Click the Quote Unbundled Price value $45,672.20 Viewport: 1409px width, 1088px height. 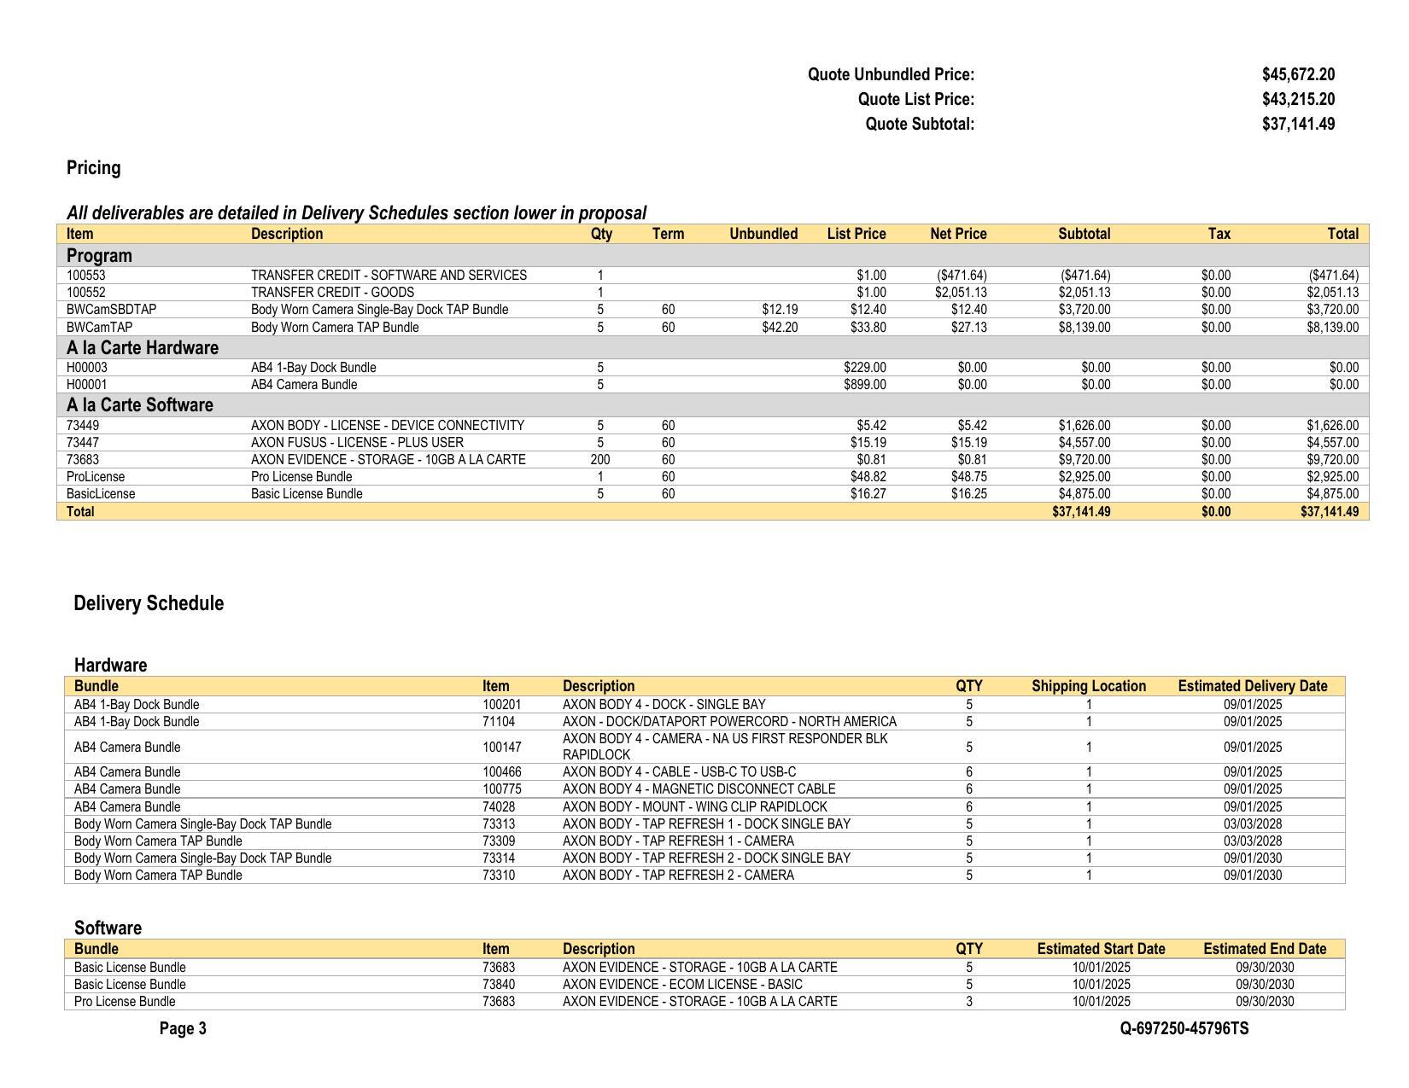(1297, 75)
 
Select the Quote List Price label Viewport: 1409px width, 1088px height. (915, 100)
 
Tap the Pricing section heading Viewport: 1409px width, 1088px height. (93, 168)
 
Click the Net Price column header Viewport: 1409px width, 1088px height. (957, 234)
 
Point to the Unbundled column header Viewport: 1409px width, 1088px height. (763, 234)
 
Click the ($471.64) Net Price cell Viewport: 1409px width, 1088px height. (962, 276)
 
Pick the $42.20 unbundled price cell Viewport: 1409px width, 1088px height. (780, 327)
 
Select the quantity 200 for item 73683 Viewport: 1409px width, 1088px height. (600, 460)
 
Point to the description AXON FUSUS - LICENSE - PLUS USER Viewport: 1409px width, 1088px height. (357, 443)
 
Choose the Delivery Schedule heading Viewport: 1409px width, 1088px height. (149, 604)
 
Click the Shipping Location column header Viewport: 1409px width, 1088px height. (1088, 686)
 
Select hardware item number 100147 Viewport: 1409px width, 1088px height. (501, 748)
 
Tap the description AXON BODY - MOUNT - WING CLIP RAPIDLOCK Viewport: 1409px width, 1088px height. (694, 807)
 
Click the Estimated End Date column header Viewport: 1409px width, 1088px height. (1264, 949)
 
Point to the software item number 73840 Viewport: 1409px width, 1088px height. (498, 985)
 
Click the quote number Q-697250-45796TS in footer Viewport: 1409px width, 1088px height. (1184, 1029)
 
